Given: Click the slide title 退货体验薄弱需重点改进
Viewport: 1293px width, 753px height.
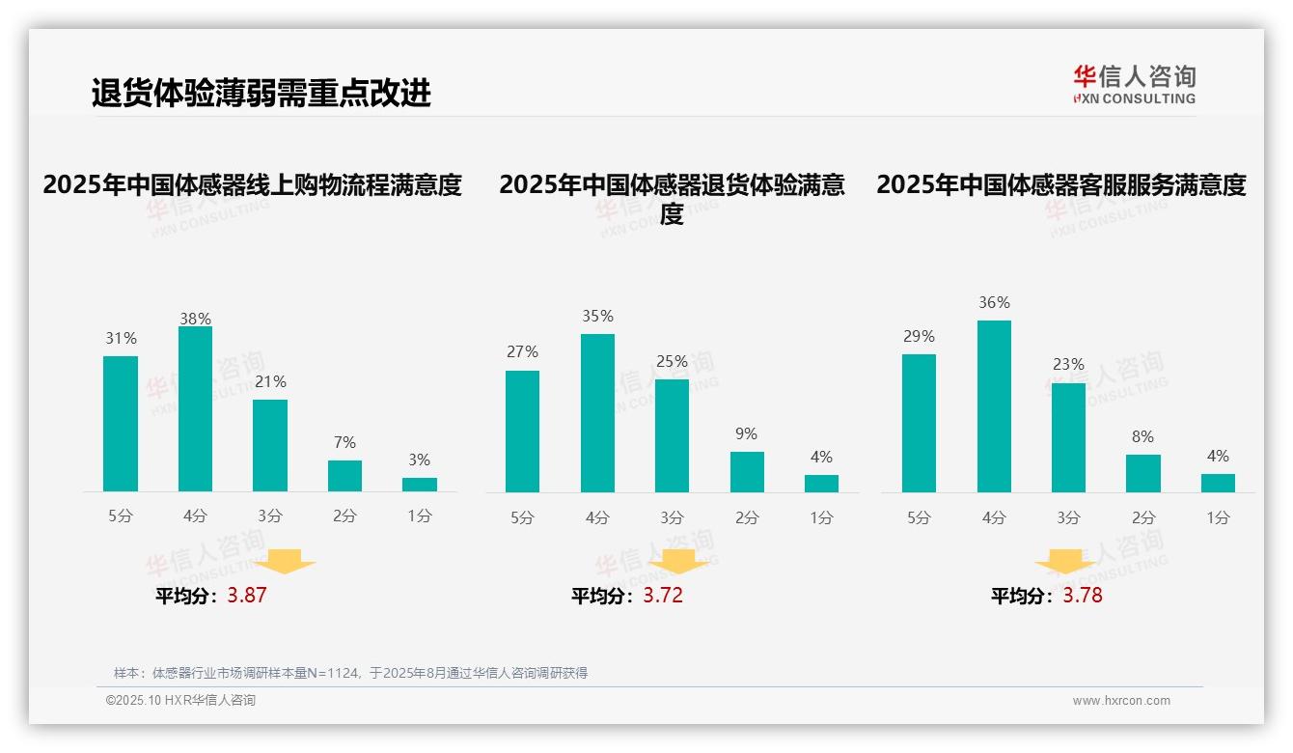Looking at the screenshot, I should (261, 93).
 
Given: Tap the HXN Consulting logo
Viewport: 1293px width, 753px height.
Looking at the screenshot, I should (1134, 85).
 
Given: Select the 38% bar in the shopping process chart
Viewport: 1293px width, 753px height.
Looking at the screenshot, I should (195, 409).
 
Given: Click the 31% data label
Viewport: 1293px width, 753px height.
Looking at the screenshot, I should (121, 338).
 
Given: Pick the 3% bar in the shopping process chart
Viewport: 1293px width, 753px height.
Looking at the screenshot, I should (420, 485).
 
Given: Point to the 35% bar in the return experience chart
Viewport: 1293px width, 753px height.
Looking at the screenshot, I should (597, 413).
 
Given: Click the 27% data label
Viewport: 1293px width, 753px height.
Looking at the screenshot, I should (522, 351).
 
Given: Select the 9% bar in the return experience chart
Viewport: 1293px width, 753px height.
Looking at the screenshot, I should (747, 472).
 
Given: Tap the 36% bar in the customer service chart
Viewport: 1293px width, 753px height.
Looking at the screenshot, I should (994, 406).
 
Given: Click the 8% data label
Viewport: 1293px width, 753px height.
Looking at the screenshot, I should (1142, 436).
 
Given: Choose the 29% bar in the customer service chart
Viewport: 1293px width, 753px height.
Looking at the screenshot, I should (919, 423).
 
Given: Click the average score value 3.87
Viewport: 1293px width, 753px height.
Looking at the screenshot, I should (247, 596).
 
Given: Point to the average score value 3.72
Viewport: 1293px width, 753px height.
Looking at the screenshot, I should (663, 596).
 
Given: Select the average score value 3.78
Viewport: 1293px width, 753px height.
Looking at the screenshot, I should (1083, 596).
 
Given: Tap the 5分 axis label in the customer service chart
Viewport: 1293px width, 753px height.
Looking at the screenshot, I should (919, 517).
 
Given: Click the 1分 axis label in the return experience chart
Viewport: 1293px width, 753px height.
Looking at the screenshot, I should (821, 517).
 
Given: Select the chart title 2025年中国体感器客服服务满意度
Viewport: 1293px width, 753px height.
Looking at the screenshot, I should (1061, 184).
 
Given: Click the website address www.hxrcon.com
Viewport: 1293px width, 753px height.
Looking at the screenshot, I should (1121, 701).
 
